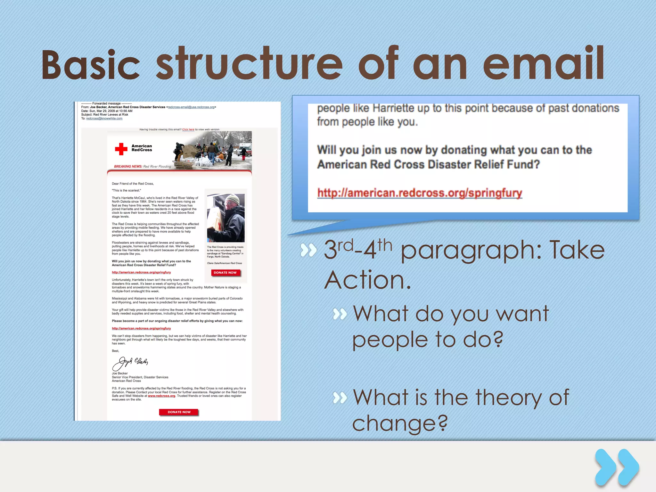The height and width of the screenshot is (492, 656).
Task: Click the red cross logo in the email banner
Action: coord(121,149)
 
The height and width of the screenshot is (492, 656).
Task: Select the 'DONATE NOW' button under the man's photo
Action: coord(225,273)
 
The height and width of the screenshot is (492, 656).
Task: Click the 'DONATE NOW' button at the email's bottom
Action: coord(179,412)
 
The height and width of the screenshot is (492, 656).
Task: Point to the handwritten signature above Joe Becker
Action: coord(130,363)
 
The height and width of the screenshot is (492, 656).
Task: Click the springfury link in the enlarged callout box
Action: coord(420,193)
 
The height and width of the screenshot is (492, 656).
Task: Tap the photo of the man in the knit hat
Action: coord(226,218)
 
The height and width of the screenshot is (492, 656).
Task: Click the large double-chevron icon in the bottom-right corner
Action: coord(617,468)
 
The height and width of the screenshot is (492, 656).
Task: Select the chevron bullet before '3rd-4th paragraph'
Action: coord(308,250)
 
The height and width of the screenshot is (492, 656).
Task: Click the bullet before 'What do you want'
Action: coord(340,314)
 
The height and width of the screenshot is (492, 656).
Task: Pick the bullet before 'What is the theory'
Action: coord(340,398)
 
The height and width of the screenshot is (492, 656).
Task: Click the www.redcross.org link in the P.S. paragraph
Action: coord(161,396)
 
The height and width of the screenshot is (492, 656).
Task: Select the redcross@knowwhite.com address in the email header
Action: coord(104,119)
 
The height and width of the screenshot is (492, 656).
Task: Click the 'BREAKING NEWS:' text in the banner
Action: coord(128,167)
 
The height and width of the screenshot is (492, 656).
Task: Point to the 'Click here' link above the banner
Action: coord(188,129)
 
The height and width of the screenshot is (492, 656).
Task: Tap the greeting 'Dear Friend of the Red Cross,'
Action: coord(133,184)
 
